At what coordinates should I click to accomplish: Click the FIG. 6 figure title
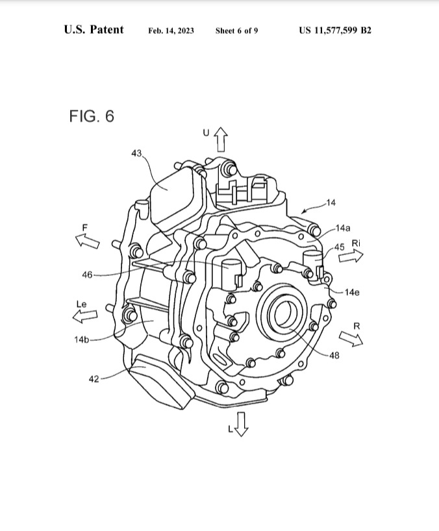(92, 116)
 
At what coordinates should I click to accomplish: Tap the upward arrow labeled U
(221, 139)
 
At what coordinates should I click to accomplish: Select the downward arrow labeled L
(241, 425)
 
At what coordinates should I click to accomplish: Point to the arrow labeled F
(88, 241)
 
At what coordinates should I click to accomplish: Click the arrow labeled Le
(85, 316)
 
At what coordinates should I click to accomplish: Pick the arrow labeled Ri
(351, 256)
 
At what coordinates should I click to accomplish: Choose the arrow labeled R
(351, 339)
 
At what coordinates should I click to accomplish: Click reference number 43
(136, 153)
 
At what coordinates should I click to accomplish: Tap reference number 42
(94, 379)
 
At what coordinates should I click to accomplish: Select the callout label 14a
(342, 228)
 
